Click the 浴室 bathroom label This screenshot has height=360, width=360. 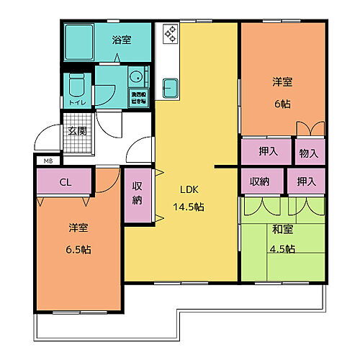point(121,40)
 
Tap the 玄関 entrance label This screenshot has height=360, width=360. point(77,131)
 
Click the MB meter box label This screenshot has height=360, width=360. point(48,161)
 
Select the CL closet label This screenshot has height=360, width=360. point(64,182)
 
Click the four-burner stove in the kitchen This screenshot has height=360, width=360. point(170,32)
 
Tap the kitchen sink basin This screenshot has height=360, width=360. point(170,87)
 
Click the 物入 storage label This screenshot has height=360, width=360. point(310,153)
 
